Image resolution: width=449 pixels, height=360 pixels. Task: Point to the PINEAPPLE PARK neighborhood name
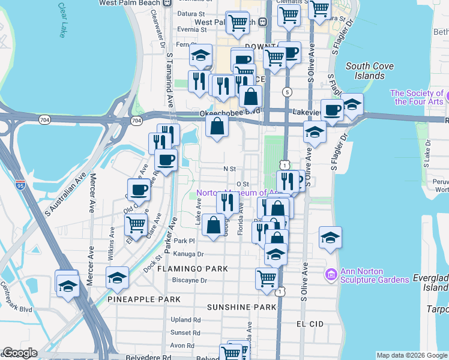click(x=144, y=299)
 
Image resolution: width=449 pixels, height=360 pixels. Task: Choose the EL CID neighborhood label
click(x=310, y=323)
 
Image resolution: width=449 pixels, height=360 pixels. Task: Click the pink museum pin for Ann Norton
click(x=330, y=274)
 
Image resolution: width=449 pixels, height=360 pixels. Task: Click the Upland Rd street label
click(x=185, y=320)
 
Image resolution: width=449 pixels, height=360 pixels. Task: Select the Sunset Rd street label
click(x=185, y=332)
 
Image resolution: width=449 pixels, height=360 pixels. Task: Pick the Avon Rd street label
click(x=182, y=346)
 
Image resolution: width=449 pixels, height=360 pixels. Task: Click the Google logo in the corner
click(x=20, y=353)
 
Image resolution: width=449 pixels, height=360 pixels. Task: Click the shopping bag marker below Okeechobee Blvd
click(x=217, y=126)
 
